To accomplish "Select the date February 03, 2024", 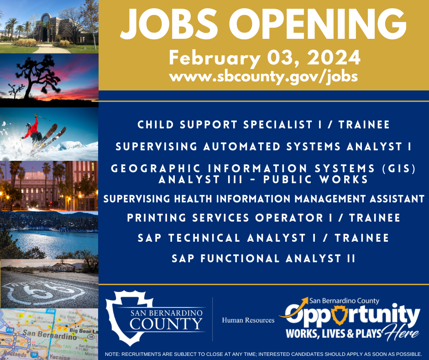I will pyautogui.click(x=264, y=58).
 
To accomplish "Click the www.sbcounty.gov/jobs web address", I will pyautogui.click(x=263, y=76).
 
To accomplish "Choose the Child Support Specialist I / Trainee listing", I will pyautogui.click(x=264, y=125).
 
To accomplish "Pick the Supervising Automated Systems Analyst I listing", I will pyautogui.click(x=264, y=147).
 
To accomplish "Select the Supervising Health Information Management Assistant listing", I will pyautogui.click(x=264, y=199).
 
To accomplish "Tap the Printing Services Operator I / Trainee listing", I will pyautogui.click(x=264, y=218).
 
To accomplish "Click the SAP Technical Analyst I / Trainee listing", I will pyautogui.click(x=264, y=238).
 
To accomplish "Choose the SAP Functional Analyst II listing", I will pyautogui.click(x=264, y=259).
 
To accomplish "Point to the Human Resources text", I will pyautogui.click(x=248, y=320).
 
